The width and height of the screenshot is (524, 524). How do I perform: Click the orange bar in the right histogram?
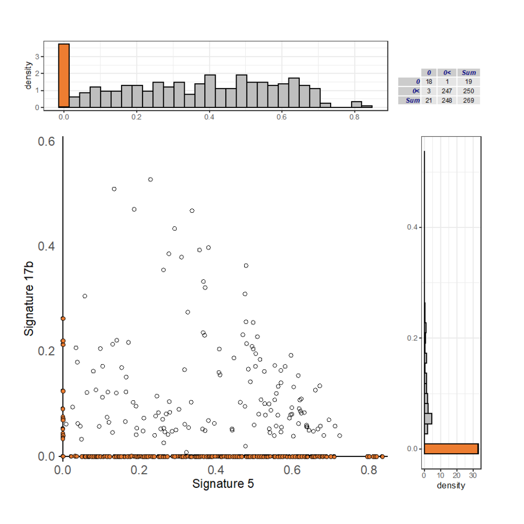click(451, 448)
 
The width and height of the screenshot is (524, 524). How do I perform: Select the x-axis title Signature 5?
click(223, 483)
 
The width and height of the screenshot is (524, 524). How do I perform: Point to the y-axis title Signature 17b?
click(29, 298)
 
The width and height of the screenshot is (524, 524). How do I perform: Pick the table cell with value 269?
click(468, 100)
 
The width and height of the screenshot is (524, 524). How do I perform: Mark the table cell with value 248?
click(447, 100)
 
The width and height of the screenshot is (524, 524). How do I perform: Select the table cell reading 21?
click(429, 100)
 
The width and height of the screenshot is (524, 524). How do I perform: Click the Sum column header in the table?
click(468, 72)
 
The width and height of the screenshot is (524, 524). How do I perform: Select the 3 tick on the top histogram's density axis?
click(37, 56)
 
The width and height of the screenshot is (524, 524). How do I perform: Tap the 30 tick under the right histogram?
click(474, 475)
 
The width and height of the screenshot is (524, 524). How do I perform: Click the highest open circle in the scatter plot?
click(151, 179)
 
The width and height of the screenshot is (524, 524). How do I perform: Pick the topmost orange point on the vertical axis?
click(63, 319)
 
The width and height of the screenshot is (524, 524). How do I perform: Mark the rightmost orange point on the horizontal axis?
click(382, 456)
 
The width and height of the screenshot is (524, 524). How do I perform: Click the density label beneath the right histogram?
click(452, 486)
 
